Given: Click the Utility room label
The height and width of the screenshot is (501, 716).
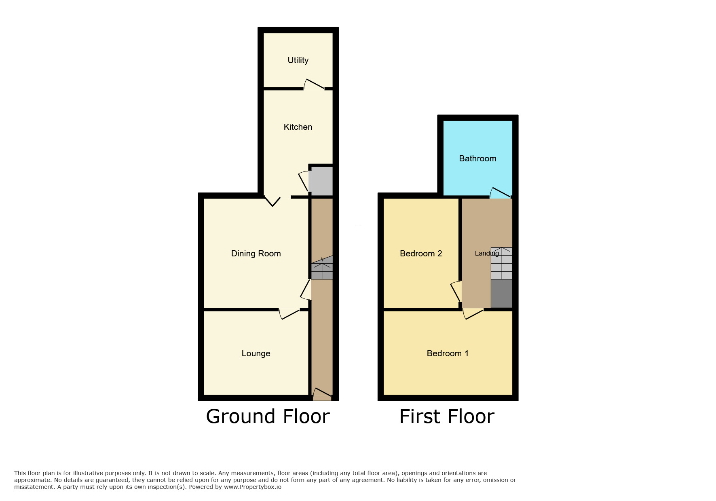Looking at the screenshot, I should pos(298,60).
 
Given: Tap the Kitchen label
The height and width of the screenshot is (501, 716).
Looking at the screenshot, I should pos(298,127).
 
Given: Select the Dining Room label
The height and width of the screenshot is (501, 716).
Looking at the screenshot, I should pos(256,254).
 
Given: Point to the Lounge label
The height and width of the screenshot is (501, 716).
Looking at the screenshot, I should pos(256,353).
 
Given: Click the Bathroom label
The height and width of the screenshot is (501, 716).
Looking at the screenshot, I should pos(477,159).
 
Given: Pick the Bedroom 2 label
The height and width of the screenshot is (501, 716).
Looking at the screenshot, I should pos(421,254).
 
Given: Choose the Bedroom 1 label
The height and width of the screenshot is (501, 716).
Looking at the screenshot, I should pos(448,353).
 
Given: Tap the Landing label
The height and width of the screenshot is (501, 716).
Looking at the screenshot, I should pos(487,254).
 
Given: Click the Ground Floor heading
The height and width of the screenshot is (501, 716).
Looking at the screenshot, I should pos(268,416).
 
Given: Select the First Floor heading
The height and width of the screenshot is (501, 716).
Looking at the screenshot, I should pos(447,416).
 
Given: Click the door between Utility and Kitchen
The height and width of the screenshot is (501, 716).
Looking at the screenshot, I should pos(314,84).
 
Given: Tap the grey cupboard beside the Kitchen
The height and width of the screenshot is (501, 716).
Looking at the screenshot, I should pos(321,181).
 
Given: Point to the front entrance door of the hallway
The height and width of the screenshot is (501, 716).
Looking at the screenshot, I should pos(322,393).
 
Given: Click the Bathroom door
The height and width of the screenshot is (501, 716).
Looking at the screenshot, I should pos(500,193).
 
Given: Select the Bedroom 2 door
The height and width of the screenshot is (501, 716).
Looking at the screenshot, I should pos(456,291).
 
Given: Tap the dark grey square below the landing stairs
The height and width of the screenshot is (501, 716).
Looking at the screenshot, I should pos(501,294).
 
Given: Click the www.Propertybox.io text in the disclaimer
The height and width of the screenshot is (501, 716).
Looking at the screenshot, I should pos(253,487).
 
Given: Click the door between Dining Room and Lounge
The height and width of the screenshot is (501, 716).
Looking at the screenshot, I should pos(289,314).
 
